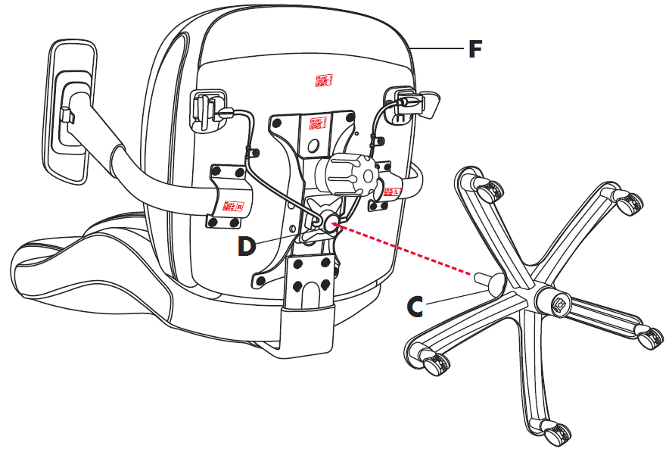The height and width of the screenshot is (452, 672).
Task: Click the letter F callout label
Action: click(474, 49)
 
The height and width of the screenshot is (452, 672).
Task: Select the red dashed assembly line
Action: click(409, 251)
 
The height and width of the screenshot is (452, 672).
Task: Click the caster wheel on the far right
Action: click(650, 338)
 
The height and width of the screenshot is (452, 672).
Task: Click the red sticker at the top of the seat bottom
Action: click(324, 79)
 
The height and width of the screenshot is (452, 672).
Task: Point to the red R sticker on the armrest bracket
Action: click(231, 205)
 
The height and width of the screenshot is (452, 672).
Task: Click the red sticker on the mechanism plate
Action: click(319, 122)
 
